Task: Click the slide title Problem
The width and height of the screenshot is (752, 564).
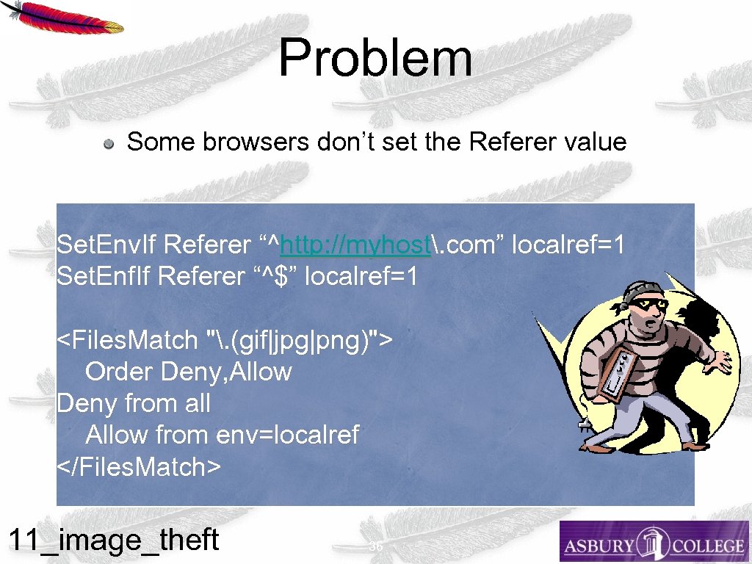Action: click(375, 58)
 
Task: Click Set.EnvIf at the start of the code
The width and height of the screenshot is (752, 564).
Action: click(106, 245)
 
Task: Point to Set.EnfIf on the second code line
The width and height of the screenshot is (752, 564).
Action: click(104, 276)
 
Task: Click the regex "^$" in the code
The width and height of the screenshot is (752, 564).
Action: click(275, 276)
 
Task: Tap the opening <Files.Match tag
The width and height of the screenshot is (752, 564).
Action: click(128, 340)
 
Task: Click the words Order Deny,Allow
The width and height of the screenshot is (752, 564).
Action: click(189, 372)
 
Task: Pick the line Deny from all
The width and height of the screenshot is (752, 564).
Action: click(134, 403)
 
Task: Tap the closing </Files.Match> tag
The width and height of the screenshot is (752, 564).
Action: click(139, 466)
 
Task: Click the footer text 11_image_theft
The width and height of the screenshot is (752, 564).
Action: click(113, 540)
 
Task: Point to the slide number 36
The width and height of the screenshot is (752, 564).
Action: click(376, 547)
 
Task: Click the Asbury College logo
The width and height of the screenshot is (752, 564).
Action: click(654, 542)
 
